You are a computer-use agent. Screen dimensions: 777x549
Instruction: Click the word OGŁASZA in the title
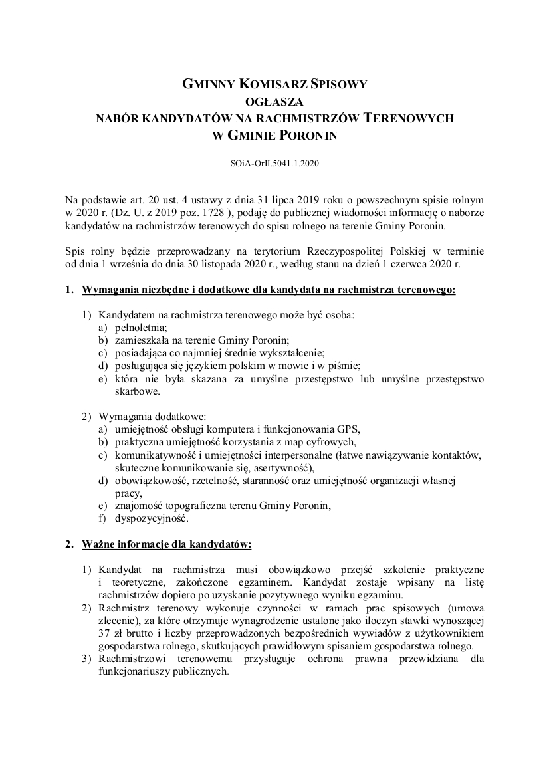point(274,102)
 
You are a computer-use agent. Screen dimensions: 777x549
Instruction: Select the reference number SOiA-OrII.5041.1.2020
point(274,162)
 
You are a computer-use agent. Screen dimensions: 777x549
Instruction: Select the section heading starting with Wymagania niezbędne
point(269,290)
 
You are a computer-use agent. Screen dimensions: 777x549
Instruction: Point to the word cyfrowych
point(334,442)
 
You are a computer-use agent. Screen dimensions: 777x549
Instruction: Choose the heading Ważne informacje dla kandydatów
point(167,544)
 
